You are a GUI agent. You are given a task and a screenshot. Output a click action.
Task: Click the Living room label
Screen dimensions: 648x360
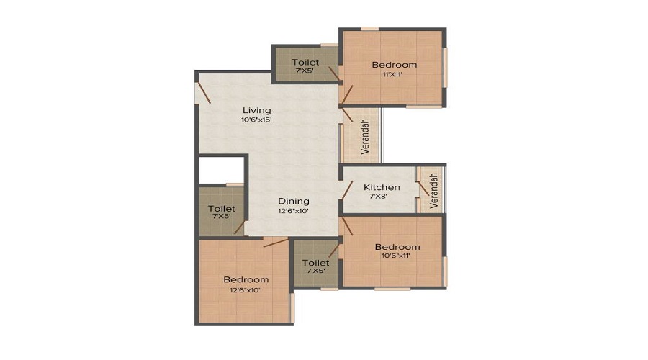(256, 110)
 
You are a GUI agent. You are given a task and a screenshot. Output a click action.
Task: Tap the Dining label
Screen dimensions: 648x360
(294, 202)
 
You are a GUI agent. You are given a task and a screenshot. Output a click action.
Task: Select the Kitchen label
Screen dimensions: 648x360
(382, 187)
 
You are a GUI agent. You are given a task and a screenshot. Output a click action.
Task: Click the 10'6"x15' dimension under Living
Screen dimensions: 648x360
(256, 120)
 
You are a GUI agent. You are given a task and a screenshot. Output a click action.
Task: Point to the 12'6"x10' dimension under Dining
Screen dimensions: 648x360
(294, 211)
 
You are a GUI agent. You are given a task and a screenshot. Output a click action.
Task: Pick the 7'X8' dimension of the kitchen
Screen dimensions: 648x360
(378, 197)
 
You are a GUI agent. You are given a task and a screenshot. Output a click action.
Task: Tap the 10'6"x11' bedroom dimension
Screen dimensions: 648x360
(395, 256)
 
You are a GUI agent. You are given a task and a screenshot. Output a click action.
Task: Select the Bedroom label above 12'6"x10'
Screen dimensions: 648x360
(246, 280)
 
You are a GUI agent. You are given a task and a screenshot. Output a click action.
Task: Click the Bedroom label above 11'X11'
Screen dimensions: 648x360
(395, 65)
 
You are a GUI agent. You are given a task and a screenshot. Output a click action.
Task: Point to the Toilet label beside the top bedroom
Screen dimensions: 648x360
(305, 62)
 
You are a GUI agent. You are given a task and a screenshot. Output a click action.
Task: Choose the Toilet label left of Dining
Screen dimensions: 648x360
(222, 209)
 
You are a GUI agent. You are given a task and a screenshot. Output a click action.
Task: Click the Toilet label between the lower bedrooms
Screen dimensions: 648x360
(316, 263)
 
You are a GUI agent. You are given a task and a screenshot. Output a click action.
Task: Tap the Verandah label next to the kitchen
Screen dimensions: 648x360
(433, 191)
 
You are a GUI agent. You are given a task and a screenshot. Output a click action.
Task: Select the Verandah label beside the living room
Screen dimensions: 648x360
(364, 136)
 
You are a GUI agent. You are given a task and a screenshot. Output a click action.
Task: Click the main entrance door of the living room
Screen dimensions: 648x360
(203, 93)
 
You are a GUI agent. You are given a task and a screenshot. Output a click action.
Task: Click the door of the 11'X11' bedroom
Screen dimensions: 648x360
(346, 95)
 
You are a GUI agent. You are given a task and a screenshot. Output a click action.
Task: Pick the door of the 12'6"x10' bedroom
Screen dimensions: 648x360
(276, 243)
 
